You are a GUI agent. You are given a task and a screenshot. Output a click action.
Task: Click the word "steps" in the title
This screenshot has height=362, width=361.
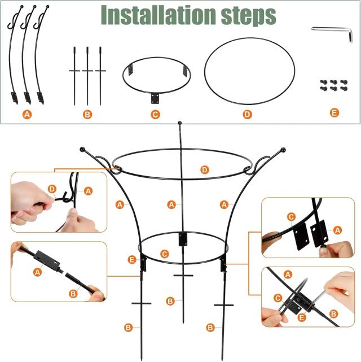tap(249, 16)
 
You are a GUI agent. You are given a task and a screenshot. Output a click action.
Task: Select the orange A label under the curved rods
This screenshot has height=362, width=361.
tap(27, 114)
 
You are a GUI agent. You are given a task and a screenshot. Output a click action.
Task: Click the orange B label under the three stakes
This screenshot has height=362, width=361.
tap(87, 114)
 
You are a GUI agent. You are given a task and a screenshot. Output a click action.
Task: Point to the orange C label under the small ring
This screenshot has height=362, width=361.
tap(155, 114)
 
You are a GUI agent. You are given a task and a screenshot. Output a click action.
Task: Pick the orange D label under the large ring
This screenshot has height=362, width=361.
tap(247, 114)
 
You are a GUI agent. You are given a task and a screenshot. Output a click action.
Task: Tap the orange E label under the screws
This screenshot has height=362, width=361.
tap(334, 113)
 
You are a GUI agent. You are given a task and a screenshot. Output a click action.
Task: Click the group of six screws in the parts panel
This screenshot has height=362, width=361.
tap(333, 85)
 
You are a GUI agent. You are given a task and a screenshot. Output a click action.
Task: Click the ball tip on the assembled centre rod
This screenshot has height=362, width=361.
tap(180, 123)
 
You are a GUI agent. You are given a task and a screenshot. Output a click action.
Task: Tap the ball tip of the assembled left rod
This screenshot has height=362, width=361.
tap(82, 149)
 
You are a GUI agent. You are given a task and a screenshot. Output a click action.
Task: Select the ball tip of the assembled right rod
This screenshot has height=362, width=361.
tap(283, 150)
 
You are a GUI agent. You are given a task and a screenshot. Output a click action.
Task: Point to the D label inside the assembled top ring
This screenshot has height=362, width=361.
tap(205, 170)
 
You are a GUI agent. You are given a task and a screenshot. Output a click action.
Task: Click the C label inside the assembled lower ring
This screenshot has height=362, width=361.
tap(164, 254)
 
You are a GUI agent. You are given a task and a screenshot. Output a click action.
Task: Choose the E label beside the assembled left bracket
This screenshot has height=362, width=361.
tap(132, 260)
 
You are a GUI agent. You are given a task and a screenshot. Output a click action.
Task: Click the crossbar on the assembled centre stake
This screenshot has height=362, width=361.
tap(183, 275)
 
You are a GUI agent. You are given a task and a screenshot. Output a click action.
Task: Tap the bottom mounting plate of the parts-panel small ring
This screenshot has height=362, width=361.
tap(155, 98)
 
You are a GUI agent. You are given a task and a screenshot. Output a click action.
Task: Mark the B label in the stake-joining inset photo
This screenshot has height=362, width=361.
tap(73, 294)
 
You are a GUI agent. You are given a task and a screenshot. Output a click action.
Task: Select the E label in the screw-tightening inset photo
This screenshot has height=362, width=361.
tap(302, 318)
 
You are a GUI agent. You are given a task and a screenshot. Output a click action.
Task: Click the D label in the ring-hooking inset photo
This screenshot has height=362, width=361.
tap(52, 189)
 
